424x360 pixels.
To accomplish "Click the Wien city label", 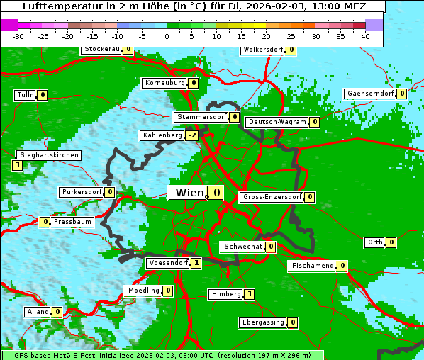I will [188, 193].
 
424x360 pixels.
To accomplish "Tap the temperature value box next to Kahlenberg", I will [191, 135].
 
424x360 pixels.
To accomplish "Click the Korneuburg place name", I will [165, 83].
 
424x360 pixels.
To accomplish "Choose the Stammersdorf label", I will [201, 117].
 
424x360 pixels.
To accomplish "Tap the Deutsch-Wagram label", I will [277, 122].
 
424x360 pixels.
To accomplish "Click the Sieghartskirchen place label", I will [48, 155].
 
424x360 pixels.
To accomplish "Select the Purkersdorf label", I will [81, 192].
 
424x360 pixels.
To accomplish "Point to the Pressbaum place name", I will [73, 222].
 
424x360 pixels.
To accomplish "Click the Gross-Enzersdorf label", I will [272, 197].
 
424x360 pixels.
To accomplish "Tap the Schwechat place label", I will [242, 247].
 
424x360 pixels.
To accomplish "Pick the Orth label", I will [374, 242].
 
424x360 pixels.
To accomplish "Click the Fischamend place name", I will [311, 266].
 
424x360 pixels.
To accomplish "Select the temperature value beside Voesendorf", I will [196, 263].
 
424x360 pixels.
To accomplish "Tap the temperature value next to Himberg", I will [249, 294].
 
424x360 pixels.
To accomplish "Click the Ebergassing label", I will [262, 322].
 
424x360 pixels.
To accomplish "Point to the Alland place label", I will [38, 312].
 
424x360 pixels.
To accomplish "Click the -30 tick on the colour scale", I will [18, 36].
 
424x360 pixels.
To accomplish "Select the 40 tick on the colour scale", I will [365, 36].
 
